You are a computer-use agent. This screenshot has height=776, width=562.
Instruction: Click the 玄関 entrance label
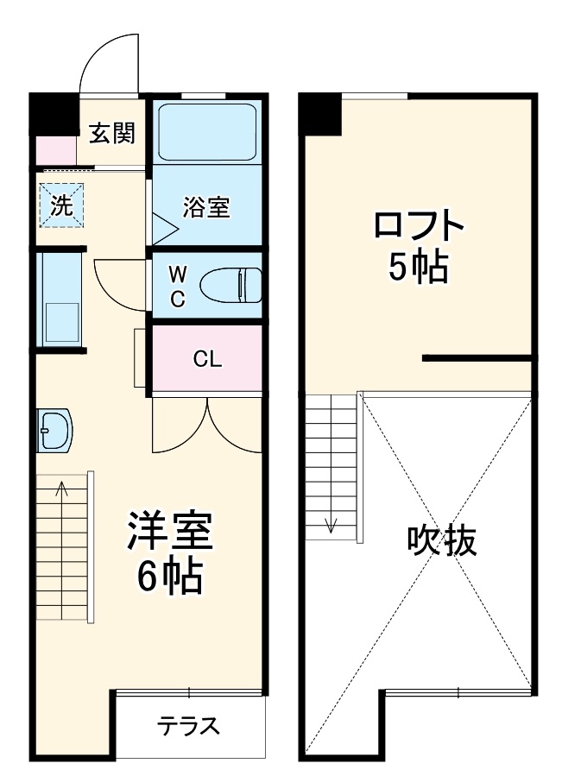tap(112, 134)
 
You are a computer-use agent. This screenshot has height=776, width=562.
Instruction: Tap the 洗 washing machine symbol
tap(60, 205)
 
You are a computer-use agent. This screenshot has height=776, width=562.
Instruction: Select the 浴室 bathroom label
tap(205, 207)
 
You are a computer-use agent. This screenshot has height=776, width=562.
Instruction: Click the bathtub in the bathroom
tap(207, 131)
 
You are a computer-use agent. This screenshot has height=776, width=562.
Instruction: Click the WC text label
tap(176, 287)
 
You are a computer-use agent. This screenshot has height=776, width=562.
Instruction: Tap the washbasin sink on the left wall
tap(55, 430)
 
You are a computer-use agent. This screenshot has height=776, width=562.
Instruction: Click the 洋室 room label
tap(169, 533)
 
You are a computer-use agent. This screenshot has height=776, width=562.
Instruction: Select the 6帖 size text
tap(169, 577)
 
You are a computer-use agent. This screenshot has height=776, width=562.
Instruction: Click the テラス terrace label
tap(188, 726)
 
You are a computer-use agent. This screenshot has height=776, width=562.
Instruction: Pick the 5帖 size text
tap(418, 268)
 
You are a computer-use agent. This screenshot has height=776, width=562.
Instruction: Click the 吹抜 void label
tap(441, 541)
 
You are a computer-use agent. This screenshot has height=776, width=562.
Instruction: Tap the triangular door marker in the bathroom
tap(163, 229)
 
